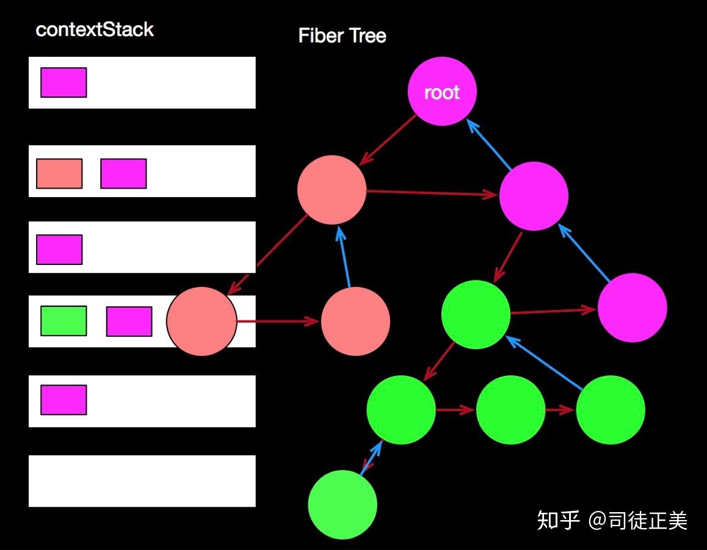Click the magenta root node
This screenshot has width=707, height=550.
tap(441, 92)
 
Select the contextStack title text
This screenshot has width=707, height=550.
tap(95, 30)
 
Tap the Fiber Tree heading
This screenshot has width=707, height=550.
tap(342, 36)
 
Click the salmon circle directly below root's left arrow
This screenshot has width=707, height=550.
tap(332, 189)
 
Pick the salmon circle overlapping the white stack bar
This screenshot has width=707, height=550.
tap(201, 321)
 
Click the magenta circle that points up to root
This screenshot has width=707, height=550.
tap(534, 196)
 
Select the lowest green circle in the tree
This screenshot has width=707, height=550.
tap(343, 504)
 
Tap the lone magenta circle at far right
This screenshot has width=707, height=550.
tap(632, 307)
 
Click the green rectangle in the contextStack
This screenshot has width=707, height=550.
tap(63, 321)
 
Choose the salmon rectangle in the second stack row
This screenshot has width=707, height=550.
tap(59, 173)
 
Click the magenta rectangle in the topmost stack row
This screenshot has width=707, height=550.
tap(63, 82)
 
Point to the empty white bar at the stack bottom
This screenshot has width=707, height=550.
tap(142, 480)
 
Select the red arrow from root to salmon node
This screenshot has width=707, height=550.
tap(388, 139)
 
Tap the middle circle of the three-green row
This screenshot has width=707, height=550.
tap(510, 409)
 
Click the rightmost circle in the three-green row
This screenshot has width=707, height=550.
tap(610, 409)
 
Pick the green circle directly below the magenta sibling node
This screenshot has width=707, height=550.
tap(476, 314)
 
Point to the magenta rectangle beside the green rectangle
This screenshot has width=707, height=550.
tap(129, 321)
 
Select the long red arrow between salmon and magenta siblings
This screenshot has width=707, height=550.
tap(432, 194)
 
